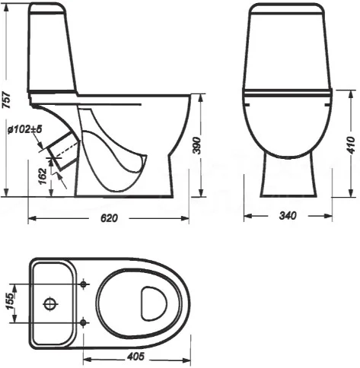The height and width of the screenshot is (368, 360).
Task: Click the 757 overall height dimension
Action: pos(7,100)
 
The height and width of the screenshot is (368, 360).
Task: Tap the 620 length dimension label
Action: pos(109,218)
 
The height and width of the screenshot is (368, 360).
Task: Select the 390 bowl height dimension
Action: pos(197,145)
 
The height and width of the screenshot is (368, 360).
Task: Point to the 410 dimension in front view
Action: pos(351,145)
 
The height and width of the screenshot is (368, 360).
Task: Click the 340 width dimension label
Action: pos(288,216)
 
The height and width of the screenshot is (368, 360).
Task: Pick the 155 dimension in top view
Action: pos(10,301)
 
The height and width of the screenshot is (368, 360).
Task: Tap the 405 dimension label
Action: pos(135,357)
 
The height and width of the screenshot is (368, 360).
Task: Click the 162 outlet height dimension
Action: pos(43,176)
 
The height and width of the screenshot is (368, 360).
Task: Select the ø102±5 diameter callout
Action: pos(24,130)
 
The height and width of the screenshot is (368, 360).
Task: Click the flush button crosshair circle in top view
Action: pos(50,303)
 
